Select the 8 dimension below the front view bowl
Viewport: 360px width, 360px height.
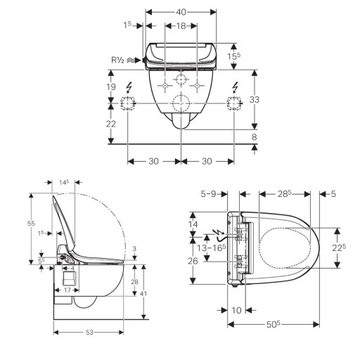(255, 137)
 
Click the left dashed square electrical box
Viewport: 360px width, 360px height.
(127, 104)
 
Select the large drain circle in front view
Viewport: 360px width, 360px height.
(181, 105)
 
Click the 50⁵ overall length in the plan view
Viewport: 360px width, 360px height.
(273, 325)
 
